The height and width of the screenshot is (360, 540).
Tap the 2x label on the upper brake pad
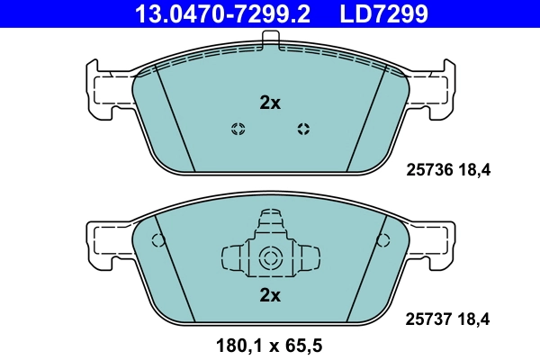[270, 103]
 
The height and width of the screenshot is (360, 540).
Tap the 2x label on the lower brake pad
[270, 295]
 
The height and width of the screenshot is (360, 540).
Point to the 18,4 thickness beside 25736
[477, 168]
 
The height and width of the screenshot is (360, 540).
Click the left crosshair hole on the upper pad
[238, 128]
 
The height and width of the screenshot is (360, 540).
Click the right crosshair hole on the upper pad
[303, 128]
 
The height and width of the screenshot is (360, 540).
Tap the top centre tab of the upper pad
[270, 40]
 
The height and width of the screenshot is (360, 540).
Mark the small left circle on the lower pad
[158, 240]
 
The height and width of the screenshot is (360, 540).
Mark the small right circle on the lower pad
[383, 240]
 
